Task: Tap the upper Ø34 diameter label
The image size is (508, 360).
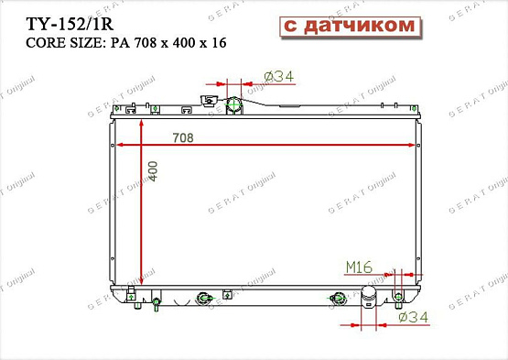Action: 277,76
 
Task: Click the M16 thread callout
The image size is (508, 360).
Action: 358,267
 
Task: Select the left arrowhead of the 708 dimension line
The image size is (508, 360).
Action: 115,145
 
